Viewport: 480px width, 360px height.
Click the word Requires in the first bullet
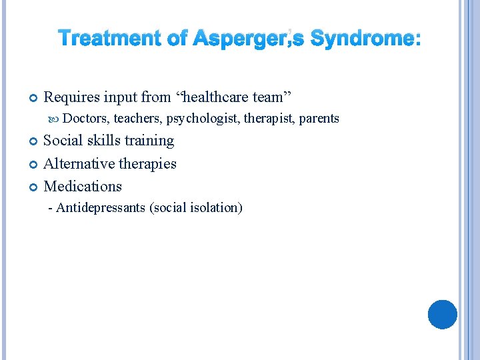[x=71, y=97]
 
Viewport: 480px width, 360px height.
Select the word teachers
[x=138, y=119]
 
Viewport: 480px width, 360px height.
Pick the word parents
[x=319, y=119]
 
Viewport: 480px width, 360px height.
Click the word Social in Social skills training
[x=62, y=141]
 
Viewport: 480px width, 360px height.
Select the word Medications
[x=83, y=186]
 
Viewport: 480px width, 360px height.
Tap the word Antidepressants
[x=101, y=207]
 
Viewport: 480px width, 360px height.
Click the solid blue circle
[x=443, y=314]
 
